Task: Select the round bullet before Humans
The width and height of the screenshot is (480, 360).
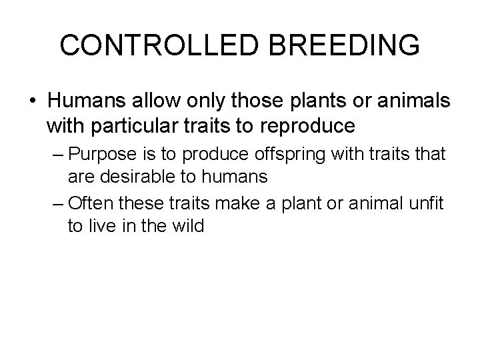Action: pyautogui.click(x=32, y=100)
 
